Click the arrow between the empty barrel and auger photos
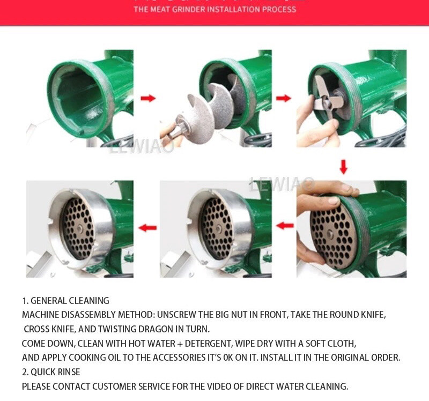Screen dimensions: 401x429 [148, 98]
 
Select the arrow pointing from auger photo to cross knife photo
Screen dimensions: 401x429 [284, 98]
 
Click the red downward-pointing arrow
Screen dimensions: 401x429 [344, 167]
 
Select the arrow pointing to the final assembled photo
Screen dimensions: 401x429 [147, 228]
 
